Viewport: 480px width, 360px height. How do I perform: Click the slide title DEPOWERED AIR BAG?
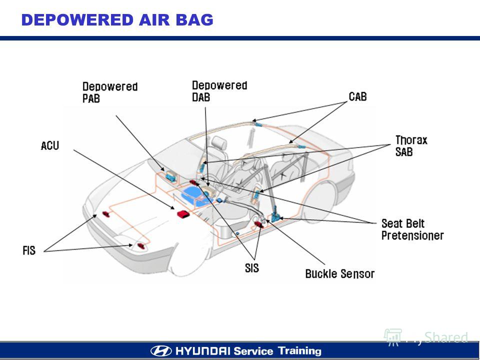[117, 20]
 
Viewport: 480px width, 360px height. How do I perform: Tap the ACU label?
[50, 145]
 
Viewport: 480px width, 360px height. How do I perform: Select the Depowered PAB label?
[110, 92]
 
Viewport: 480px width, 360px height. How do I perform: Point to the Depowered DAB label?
[219, 91]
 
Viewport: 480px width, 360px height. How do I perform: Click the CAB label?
[357, 96]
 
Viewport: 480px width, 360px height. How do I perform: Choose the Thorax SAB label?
[411, 145]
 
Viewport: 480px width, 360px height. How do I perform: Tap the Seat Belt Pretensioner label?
[412, 229]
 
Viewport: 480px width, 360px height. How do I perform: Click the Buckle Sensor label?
[340, 273]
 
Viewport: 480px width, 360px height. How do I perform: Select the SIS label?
[252, 268]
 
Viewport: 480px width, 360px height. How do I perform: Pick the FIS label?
[29, 250]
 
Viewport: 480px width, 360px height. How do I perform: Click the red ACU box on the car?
[183, 213]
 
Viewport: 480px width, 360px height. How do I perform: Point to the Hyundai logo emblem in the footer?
[161, 351]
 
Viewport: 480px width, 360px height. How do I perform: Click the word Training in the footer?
[299, 351]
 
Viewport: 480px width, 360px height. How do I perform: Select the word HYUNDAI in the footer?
[202, 351]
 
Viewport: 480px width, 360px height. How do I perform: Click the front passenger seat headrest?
[219, 143]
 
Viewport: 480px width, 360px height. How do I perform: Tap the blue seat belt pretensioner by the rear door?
[275, 214]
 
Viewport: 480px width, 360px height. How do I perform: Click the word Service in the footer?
[253, 351]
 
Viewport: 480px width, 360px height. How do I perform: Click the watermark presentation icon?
[393, 337]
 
